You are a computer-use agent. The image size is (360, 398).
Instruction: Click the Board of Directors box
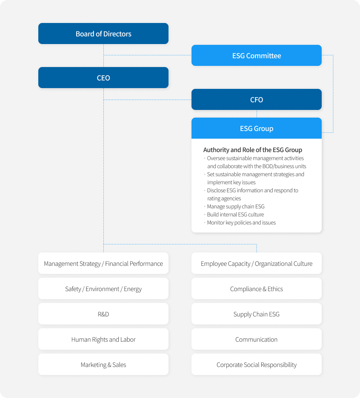click(x=103, y=33)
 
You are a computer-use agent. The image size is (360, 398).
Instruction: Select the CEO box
click(x=103, y=78)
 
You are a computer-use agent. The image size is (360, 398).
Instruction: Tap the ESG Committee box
click(x=257, y=55)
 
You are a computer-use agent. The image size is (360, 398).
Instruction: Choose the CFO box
click(x=257, y=100)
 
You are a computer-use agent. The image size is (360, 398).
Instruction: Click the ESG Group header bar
click(x=257, y=128)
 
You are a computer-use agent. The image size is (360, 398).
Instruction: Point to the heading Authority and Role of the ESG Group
click(x=253, y=150)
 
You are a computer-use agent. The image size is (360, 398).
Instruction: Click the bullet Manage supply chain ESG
click(x=236, y=206)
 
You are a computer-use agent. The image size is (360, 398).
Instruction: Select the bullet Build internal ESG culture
click(x=236, y=215)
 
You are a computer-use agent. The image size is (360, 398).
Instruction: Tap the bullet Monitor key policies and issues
click(x=241, y=223)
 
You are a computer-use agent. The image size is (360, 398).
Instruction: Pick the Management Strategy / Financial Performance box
click(x=103, y=263)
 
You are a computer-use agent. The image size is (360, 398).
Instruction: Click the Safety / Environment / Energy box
click(x=103, y=288)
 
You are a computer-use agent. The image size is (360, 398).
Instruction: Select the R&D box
click(x=103, y=314)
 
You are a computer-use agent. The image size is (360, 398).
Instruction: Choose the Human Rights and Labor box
click(x=103, y=339)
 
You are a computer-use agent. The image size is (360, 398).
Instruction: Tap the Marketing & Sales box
click(x=103, y=365)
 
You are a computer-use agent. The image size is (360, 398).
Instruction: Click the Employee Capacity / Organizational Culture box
click(x=257, y=263)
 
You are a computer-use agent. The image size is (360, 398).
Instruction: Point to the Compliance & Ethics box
click(x=257, y=288)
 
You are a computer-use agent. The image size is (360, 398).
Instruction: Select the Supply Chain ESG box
click(x=257, y=314)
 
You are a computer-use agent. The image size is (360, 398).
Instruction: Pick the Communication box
click(x=257, y=339)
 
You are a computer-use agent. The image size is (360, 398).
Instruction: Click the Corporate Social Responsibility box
click(x=257, y=365)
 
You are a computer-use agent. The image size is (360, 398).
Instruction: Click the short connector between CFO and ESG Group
click(x=257, y=114)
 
